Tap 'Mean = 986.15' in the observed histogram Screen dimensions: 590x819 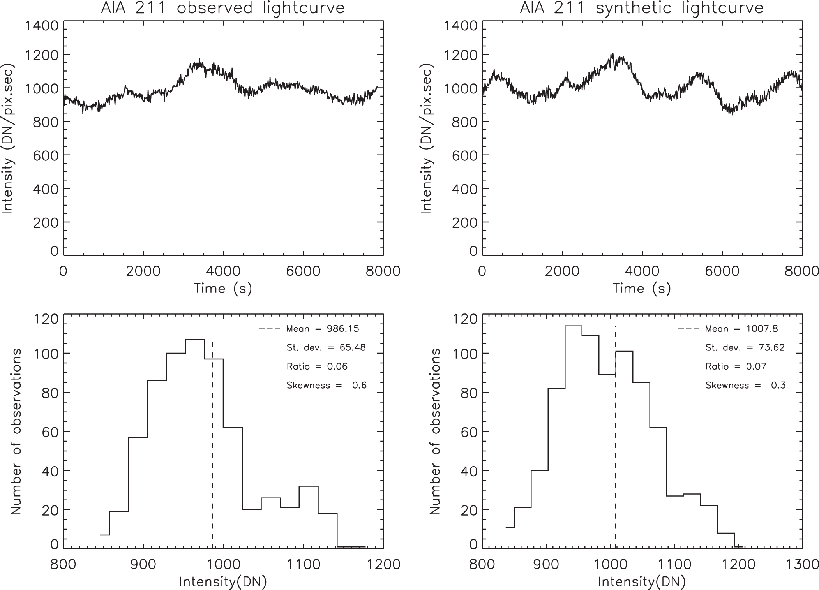322,329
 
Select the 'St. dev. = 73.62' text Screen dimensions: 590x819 745,347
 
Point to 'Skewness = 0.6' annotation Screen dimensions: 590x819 327,386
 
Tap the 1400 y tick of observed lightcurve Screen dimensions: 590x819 42,26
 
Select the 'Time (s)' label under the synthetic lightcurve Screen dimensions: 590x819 642,289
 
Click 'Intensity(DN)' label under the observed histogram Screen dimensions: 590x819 223,582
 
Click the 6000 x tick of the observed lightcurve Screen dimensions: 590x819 303,271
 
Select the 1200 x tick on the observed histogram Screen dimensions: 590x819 383,564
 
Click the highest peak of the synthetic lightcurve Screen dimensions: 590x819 612,54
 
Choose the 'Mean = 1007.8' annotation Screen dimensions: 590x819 741,329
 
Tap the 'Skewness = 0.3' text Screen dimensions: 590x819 745,386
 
